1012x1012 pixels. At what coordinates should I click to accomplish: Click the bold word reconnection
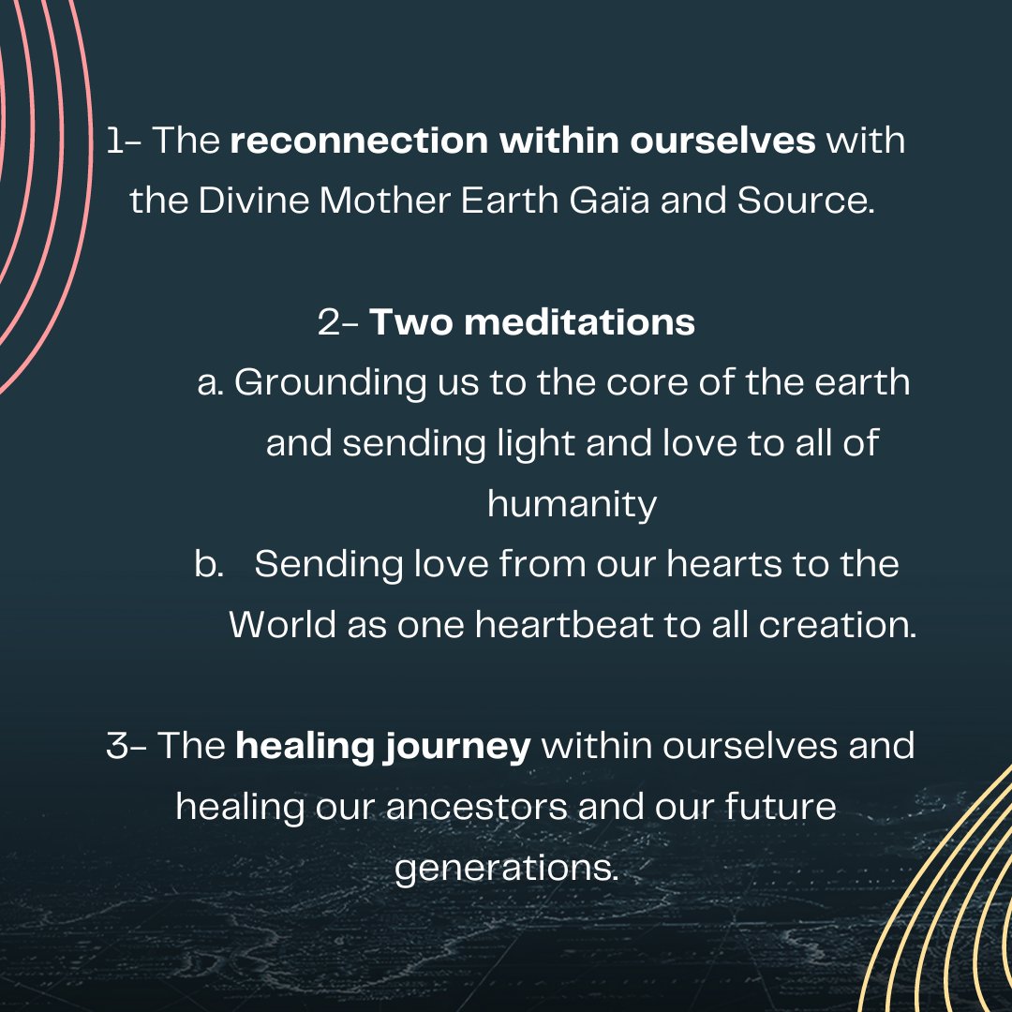359,141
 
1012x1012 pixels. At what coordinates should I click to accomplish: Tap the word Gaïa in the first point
601,201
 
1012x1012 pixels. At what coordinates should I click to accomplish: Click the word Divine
255,201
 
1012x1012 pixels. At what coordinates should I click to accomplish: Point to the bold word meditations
579,322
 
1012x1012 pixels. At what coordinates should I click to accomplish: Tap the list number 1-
124,141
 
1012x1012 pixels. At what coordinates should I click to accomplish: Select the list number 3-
126,747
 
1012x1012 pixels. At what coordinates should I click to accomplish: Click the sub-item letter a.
210,383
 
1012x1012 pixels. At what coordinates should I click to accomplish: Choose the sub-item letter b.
207,565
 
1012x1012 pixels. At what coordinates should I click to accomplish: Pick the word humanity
572,505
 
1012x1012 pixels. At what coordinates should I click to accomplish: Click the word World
283,625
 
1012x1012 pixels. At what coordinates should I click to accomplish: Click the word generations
506,869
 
